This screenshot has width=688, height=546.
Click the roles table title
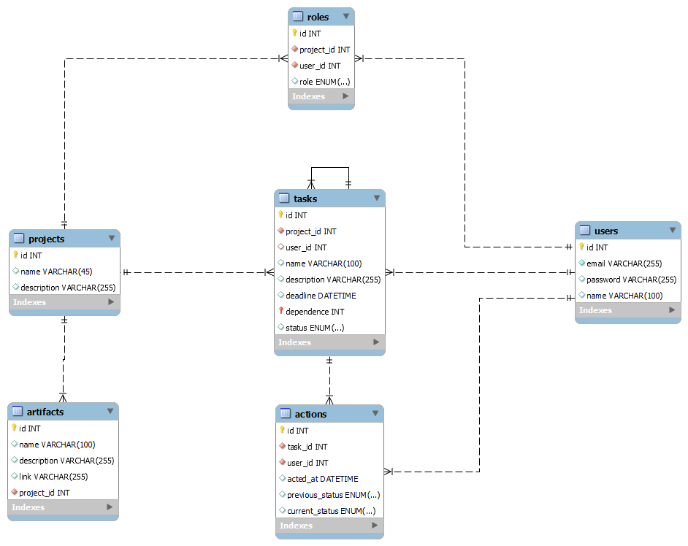click(x=318, y=17)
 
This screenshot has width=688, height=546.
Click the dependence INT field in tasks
click(x=315, y=312)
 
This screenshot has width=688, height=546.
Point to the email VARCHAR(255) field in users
click(x=624, y=264)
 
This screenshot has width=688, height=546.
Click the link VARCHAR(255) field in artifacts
click(x=53, y=477)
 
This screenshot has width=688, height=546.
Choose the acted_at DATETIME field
click(x=322, y=479)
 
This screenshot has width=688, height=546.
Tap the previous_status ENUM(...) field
click(x=333, y=495)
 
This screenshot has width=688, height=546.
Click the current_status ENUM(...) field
click(x=331, y=511)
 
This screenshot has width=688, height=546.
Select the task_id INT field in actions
click(x=307, y=447)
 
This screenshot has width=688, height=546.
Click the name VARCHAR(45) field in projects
click(x=56, y=272)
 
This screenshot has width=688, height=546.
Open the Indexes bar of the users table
click(x=627, y=310)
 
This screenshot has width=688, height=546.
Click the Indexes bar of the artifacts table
click(x=63, y=507)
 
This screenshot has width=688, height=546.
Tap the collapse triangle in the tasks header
click(x=377, y=198)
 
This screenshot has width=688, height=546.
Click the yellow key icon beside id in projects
click(x=15, y=255)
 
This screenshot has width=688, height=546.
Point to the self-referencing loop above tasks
click(x=329, y=168)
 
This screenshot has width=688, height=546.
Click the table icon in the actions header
click(x=284, y=414)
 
